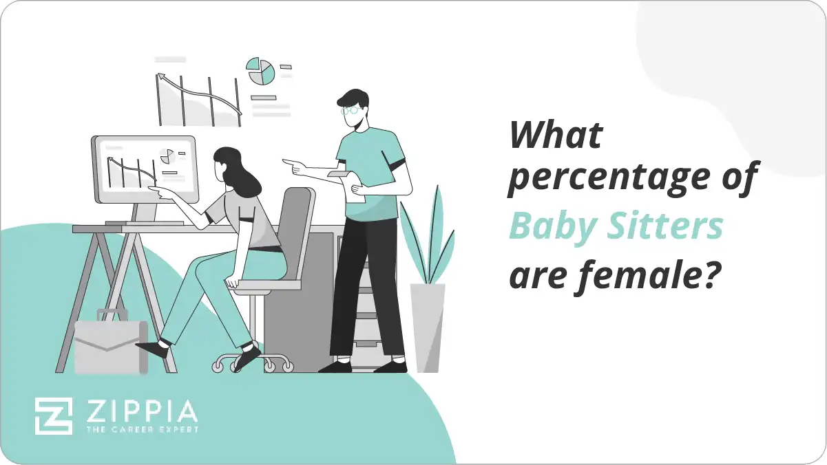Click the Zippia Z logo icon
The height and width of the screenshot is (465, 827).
(54, 415)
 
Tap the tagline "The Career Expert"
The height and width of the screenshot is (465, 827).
(140, 429)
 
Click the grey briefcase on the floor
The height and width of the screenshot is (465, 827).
(110, 347)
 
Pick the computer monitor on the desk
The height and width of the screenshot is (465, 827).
(144, 169)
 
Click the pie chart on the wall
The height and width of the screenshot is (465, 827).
(261, 71)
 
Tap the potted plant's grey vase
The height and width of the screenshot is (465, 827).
(428, 327)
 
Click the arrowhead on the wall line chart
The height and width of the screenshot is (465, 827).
(162, 77)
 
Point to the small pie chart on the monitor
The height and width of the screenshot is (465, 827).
(167, 156)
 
